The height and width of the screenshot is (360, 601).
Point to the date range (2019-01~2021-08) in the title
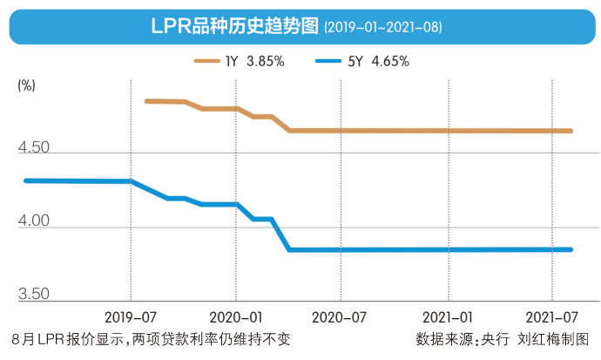(x=383, y=28)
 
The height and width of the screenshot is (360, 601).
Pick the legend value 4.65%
(x=387, y=61)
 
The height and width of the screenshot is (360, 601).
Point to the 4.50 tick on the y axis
(x=32, y=148)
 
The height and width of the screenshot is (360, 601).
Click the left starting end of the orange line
(x=146, y=101)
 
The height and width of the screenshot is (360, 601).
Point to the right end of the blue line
(x=571, y=249)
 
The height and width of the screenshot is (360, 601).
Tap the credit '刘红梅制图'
(x=552, y=338)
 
